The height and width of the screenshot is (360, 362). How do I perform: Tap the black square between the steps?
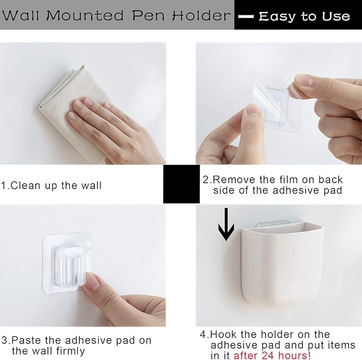point(181,184)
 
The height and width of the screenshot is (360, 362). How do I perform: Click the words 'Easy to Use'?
point(304,17)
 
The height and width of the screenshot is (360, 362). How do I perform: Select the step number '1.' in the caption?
point(5,186)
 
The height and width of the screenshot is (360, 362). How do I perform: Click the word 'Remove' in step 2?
point(232,179)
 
